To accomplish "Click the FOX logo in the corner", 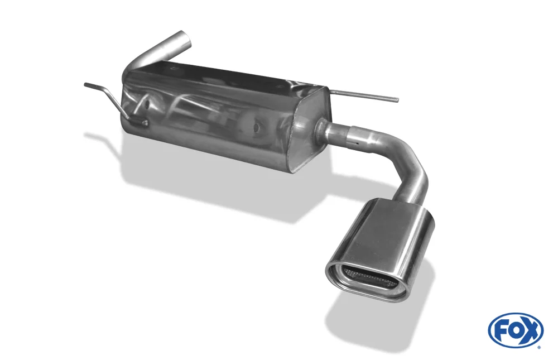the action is pos(516,330).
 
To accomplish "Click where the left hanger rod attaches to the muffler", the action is pos(143,122).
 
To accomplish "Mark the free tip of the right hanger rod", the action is pos(397,99).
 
